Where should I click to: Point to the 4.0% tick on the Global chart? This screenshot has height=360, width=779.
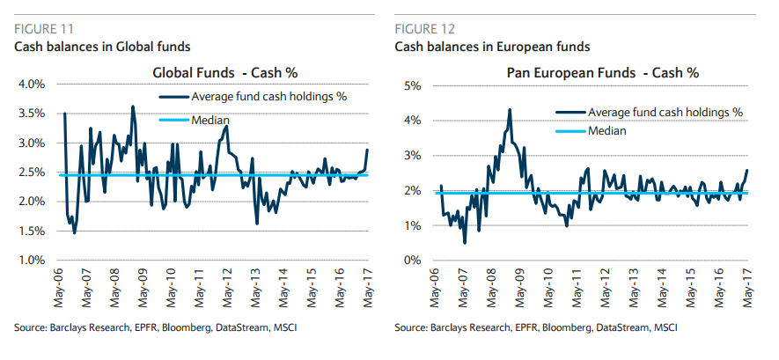[32, 84]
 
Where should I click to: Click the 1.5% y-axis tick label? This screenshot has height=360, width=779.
[32, 231]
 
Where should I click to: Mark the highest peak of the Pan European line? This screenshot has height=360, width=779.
[510, 110]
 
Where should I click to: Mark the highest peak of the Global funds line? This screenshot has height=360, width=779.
[132, 107]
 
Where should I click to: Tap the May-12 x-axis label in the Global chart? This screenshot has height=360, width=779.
[226, 287]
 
